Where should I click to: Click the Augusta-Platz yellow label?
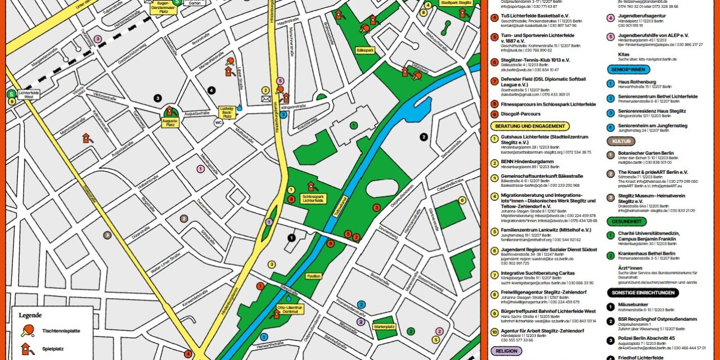click(x=169, y=121)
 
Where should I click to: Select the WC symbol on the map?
click(x=218, y=123)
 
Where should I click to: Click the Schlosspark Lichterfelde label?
click(x=313, y=199)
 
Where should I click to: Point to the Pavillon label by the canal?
click(x=313, y=276)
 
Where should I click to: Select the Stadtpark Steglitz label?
click(x=456, y=3)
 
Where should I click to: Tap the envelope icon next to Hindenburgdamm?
click(x=265, y=99)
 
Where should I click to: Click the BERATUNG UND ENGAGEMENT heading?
click(x=529, y=127)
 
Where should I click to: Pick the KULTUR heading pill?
click(x=620, y=141)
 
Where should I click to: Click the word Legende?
click(x=30, y=316)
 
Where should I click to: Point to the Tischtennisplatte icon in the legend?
click(x=26, y=331)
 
